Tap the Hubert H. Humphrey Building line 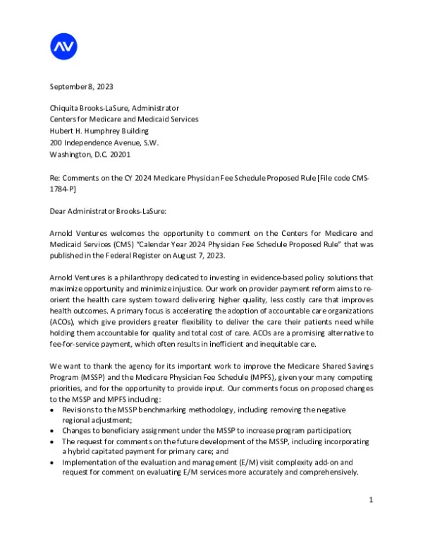point(98,131)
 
